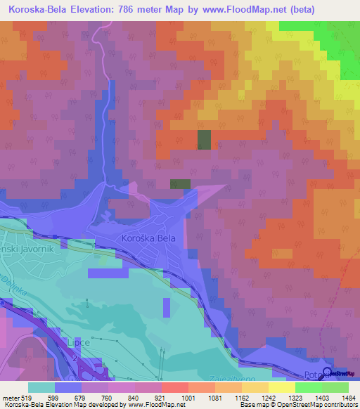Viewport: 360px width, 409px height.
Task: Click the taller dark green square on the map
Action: pos(204,140)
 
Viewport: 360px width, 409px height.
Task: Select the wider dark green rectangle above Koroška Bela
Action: pos(180,183)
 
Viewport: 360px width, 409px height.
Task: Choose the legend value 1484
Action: pos(341,397)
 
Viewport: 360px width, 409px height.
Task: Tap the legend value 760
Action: pos(108,397)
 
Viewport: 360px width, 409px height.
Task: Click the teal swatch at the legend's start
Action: pos(41,387)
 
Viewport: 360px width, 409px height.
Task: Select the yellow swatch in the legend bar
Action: pos(282,387)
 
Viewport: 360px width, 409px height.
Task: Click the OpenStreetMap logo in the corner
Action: pos(340,374)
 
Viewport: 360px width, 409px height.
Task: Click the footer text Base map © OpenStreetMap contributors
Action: pos(298,405)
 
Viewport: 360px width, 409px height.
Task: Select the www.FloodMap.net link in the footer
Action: pos(152,405)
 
